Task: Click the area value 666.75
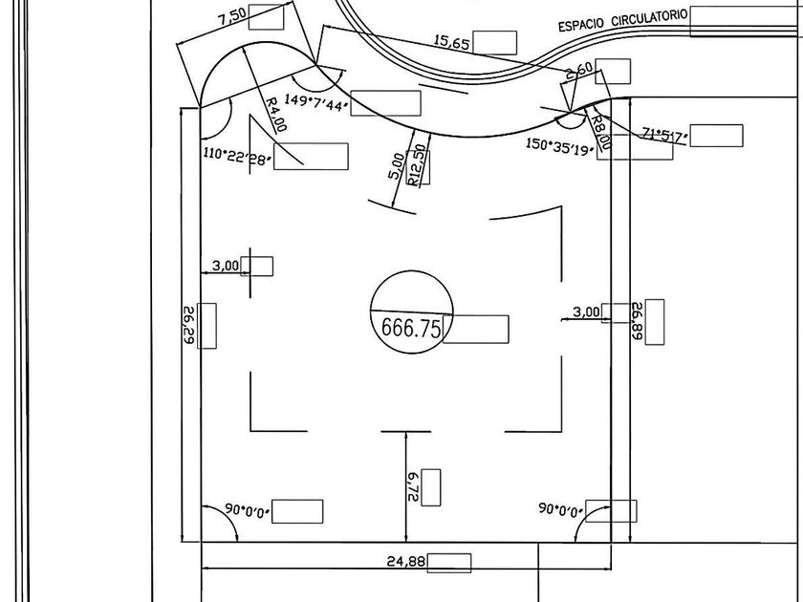(411, 328)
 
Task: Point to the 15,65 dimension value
(453, 41)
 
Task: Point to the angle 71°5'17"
(664, 134)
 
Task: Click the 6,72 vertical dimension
(413, 487)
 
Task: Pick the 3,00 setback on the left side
(226, 266)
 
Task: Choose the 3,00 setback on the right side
(585, 312)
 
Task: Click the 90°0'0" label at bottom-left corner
(245, 510)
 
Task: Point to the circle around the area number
(411, 273)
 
